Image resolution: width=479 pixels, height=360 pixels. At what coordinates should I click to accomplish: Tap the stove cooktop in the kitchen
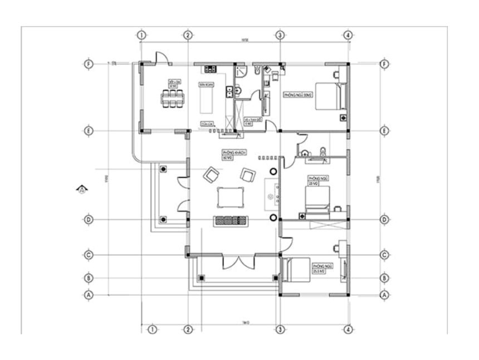pos(210,69)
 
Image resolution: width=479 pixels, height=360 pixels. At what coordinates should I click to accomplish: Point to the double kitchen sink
pos(228,91)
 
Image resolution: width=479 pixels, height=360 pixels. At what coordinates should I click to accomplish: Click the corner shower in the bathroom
pos(241,71)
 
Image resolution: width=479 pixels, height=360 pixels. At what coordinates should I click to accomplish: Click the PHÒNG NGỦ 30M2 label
pos(297,95)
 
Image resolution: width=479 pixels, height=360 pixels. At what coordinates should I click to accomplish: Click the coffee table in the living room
pos(231,197)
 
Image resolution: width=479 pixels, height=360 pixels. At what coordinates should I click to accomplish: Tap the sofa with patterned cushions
pos(231,220)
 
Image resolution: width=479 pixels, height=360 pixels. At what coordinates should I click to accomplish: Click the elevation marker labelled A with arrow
pos(81,189)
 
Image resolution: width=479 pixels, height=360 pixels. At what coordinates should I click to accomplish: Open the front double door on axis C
pos(238,262)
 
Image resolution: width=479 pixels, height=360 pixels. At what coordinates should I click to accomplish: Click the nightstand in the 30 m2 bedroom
pos(343,118)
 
